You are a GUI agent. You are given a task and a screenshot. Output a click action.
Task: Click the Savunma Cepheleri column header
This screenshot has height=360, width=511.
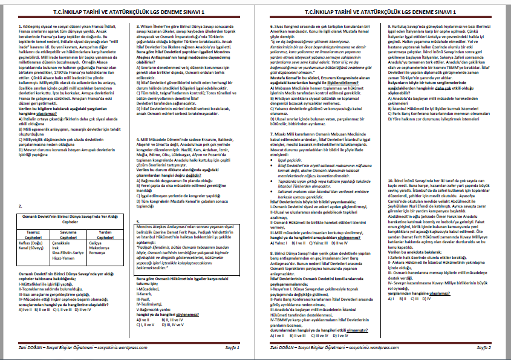click(68, 234)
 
